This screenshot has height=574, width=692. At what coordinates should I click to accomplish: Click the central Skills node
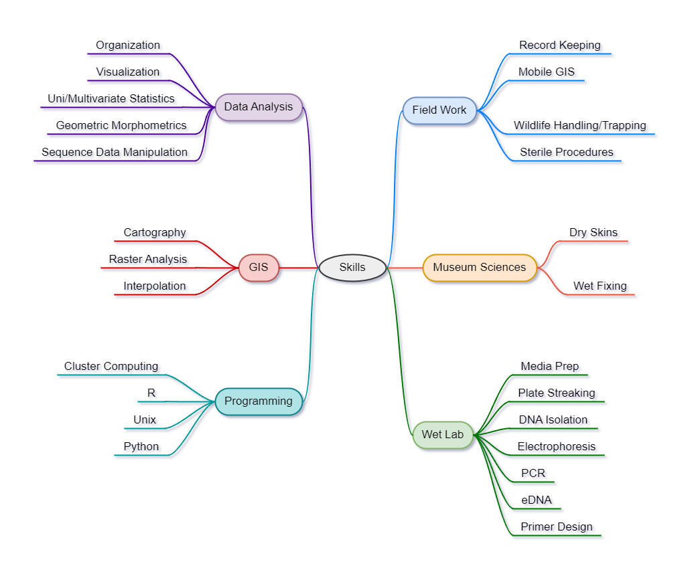pos(352,268)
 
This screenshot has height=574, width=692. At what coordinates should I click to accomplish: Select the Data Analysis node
pos(259,107)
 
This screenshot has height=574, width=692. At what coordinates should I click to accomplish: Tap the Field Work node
pos(439,110)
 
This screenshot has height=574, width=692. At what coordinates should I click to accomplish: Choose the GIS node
pos(259,268)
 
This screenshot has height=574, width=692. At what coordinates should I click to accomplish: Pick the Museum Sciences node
pos(480,268)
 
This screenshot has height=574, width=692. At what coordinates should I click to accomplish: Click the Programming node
pos(259,401)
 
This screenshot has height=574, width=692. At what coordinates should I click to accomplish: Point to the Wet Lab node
pos(443,435)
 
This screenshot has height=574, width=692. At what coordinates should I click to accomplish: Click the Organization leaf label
pos(129,46)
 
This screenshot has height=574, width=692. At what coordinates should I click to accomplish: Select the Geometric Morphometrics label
pos(123,126)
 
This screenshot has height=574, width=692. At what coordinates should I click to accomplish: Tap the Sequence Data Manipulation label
pos(116,153)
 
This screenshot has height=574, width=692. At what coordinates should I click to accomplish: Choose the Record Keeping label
pos(561,46)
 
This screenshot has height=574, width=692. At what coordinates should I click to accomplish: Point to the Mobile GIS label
pos(548,73)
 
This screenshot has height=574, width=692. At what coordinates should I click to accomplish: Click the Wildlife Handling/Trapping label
pos(581,126)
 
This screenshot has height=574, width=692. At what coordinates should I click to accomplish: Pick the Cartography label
pos(156,233)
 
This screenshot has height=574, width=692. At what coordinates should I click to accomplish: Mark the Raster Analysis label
pos(149,260)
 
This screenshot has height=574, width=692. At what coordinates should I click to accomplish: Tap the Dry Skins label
pos(595,233)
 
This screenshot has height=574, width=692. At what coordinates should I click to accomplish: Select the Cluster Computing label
pos(113,367)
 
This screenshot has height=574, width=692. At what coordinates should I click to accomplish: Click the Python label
pos(143,448)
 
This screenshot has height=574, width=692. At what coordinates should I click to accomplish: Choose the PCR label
pos(535,474)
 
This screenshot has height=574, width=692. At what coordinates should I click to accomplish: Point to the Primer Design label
pos(558,528)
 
